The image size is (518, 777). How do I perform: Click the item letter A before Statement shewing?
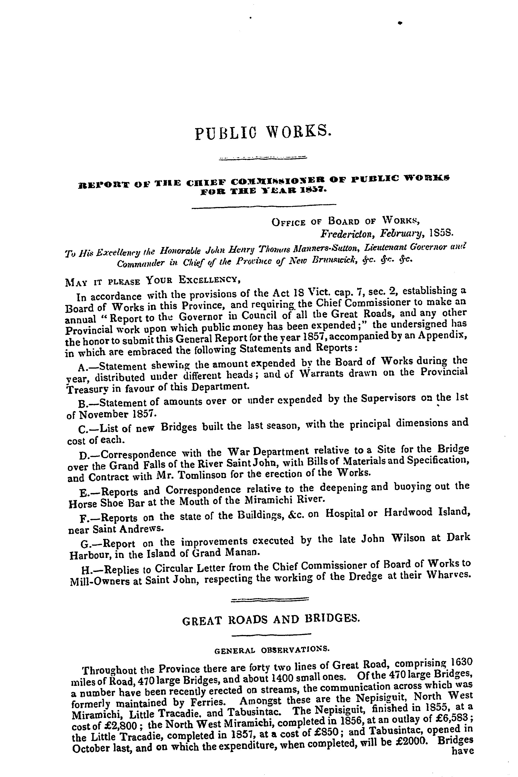[x=83, y=367]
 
